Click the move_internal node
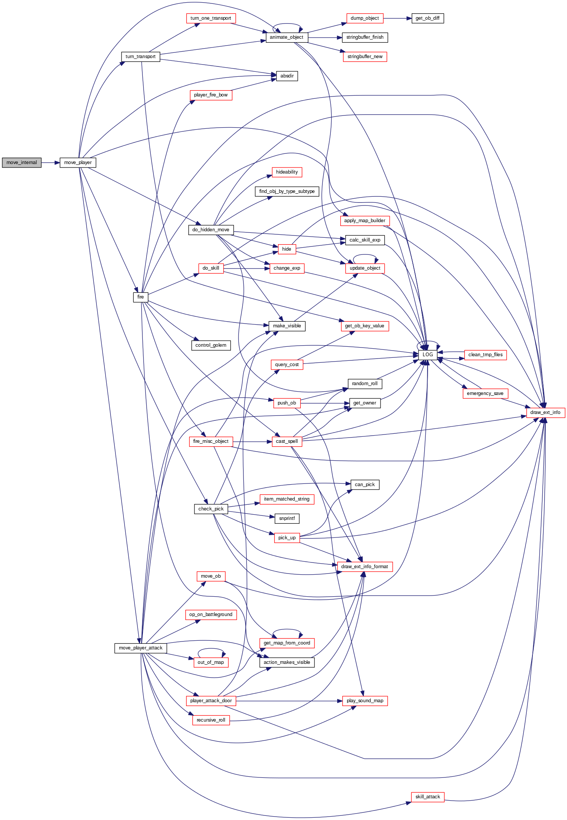[22, 163]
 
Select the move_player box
[78, 163]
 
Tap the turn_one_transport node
[211, 18]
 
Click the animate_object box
[287, 37]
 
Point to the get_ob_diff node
[428, 18]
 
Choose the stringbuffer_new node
[365, 57]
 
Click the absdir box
[287, 76]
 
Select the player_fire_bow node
[211, 95]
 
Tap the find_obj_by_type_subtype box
[287, 191]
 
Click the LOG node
[428, 355]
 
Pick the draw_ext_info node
[545, 412]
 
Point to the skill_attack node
[428, 797]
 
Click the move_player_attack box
[141, 648]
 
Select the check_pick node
[211, 509]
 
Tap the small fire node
[141, 297]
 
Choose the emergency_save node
[485, 393]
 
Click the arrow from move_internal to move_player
[50, 163]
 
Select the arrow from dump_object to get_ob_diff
[397, 18]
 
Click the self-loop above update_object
[365, 255]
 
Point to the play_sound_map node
[365, 701]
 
